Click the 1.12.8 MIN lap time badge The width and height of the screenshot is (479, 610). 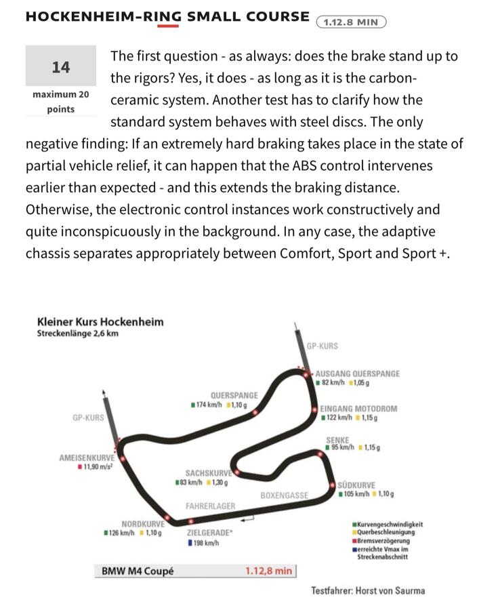pyautogui.click(x=350, y=22)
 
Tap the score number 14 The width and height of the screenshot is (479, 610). pyautogui.click(x=60, y=67)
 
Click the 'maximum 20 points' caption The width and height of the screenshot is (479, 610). pyautogui.click(x=60, y=102)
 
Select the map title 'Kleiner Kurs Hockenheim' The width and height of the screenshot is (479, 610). pyautogui.click(x=100, y=321)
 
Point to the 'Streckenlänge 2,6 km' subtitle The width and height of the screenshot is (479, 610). pyautogui.click(x=78, y=333)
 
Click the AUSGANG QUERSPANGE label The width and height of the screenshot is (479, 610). pyautogui.click(x=357, y=373)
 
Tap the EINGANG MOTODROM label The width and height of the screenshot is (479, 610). pyautogui.click(x=358, y=409)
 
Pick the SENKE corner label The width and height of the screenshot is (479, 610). pyautogui.click(x=337, y=440)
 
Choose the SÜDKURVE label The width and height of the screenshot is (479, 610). pyautogui.click(x=356, y=485)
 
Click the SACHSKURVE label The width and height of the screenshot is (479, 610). pyautogui.click(x=209, y=473)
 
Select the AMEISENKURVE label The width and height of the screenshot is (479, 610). pyautogui.click(x=87, y=457)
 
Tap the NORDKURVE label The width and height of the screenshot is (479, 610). pyautogui.click(x=143, y=524)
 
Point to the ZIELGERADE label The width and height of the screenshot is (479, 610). pyautogui.click(x=210, y=533)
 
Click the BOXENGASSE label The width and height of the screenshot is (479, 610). pyautogui.click(x=284, y=495)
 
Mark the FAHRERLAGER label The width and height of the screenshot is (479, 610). pyautogui.click(x=210, y=506)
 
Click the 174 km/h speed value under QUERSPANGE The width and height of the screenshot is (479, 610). pyautogui.click(x=208, y=405)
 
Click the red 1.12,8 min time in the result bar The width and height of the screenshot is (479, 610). pyautogui.click(x=268, y=571)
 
